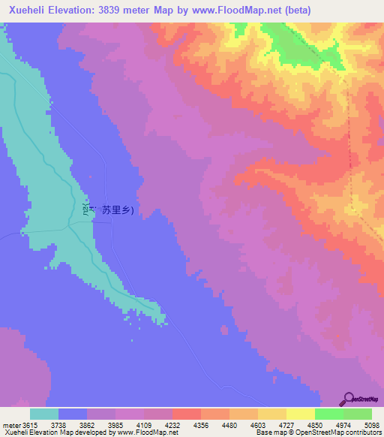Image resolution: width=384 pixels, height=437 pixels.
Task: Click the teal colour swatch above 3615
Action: click(x=44, y=414)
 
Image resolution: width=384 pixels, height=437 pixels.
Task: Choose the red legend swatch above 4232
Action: click(x=187, y=414)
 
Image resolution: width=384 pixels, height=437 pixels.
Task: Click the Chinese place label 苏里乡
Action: click(x=118, y=211)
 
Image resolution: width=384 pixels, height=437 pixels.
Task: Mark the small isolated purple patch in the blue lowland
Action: click(x=223, y=329)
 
